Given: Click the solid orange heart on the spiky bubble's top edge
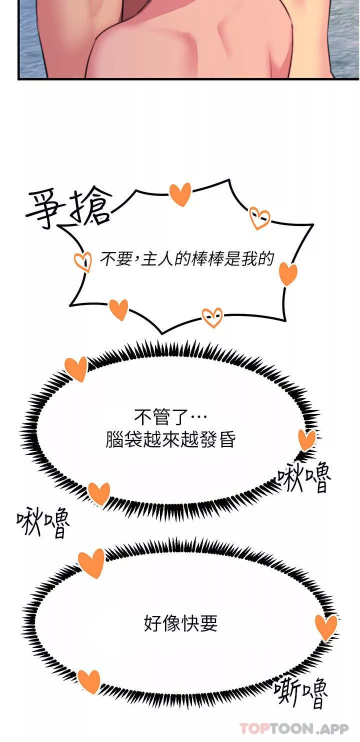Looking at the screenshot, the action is [180, 194].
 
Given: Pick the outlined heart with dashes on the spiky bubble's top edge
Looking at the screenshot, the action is [259, 218].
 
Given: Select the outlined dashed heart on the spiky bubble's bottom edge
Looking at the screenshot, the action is [212, 317].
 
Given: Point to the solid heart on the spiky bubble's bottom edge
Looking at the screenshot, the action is [118, 309].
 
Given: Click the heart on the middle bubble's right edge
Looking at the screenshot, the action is [306, 439].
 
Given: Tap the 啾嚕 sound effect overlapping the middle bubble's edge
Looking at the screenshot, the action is [303, 478].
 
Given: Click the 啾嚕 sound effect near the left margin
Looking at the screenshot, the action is [43, 522].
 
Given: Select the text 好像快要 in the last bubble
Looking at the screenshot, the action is [180, 623].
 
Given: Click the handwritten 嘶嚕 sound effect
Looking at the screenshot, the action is [301, 692].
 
